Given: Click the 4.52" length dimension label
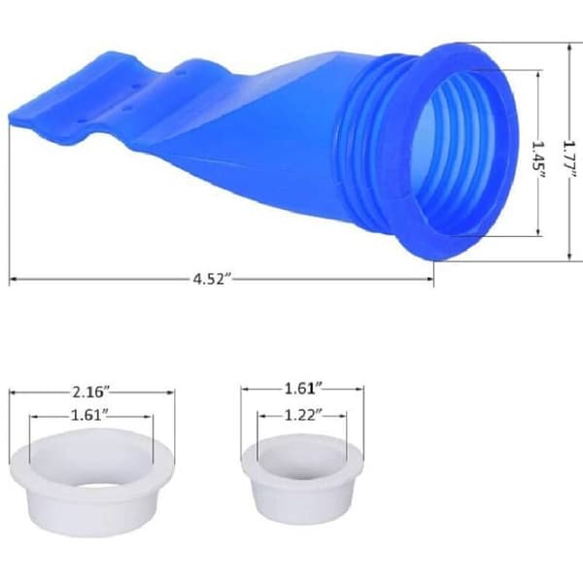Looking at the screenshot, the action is tap(212, 279).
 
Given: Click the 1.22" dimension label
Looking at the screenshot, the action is tap(302, 415).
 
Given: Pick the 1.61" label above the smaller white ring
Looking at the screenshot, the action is tap(302, 389).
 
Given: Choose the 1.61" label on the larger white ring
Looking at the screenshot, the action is tap(89, 415).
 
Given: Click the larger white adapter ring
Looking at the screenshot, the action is tap(92, 482).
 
